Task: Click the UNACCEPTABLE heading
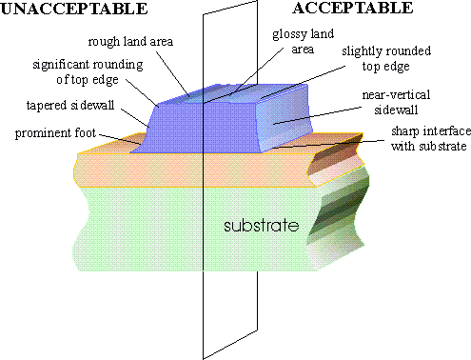click(74, 9)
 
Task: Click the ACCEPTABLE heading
click(353, 8)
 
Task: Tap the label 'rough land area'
click(130, 42)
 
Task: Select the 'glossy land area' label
click(304, 42)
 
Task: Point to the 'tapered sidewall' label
click(70, 105)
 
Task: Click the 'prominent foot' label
click(55, 133)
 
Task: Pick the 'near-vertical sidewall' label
click(396, 102)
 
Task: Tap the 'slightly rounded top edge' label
click(386, 59)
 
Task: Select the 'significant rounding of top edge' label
click(88, 72)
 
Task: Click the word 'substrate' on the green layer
click(262, 225)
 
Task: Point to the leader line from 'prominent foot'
click(120, 139)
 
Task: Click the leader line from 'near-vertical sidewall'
click(318, 115)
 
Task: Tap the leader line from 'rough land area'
click(173, 74)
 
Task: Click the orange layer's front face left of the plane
click(139, 170)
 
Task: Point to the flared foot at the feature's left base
click(139, 147)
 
